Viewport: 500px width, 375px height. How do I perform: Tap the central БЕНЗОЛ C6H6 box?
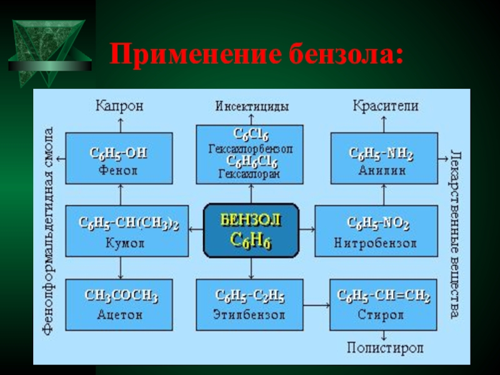tap(251, 231)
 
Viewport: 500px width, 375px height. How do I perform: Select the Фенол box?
tap(119, 159)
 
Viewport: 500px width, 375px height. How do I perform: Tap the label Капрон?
tap(119, 106)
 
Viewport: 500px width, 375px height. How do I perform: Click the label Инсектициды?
tap(252, 106)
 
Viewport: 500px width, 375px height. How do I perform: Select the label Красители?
tap(385, 106)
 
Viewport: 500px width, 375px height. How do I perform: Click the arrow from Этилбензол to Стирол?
tap(316, 304)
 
